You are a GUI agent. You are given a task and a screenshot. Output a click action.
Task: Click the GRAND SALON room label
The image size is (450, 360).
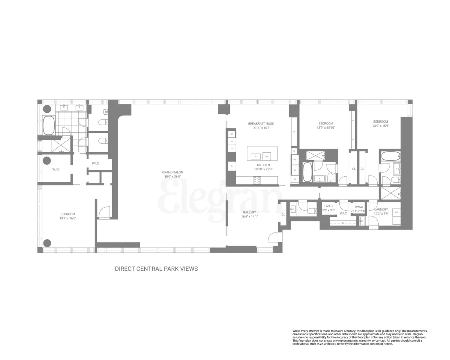pyautogui.click(x=172, y=172)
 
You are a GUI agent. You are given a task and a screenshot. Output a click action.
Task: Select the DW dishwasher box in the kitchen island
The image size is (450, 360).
pyautogui.click(x=267, y=156)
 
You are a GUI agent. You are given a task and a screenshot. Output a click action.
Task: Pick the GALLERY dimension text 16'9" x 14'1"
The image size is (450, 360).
pyautogui.click(x=249, y=216)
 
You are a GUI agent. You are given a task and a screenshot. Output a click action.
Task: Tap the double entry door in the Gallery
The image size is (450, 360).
pyautogui.click(x=275, y=238)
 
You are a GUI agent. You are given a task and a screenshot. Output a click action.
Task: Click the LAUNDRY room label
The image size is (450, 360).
pyautogui.click(x=381, y=209)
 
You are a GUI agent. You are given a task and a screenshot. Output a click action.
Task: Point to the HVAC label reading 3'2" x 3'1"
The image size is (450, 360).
pyautogui.click(x=328, y=211)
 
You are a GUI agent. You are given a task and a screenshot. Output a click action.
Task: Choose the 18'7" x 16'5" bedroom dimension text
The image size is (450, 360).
pyautogui.click(x=67, y=218)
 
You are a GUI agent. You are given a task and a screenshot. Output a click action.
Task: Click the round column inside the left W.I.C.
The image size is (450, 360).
pyautogui.click(x=47, y=160)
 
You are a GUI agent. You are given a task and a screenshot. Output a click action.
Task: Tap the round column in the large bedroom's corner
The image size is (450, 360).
pyautogui.click(x=47, y=243)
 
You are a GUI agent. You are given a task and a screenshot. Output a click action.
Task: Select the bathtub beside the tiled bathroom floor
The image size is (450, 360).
pyautogui.click(x=49, y=125)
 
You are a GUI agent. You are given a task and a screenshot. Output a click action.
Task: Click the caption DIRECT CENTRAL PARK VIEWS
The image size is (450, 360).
pyautogui.click(x=156, y=269)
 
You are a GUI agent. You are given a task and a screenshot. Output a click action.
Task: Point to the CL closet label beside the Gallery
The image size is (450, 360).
pyautogui.click(x=283, y=214)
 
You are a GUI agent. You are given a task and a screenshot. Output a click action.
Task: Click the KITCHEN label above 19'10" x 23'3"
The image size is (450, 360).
pyautogui.click(x=263, y=165)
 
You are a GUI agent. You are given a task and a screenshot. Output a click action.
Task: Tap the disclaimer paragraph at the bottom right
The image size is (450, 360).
pyautogui.click(x=360, y=337)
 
